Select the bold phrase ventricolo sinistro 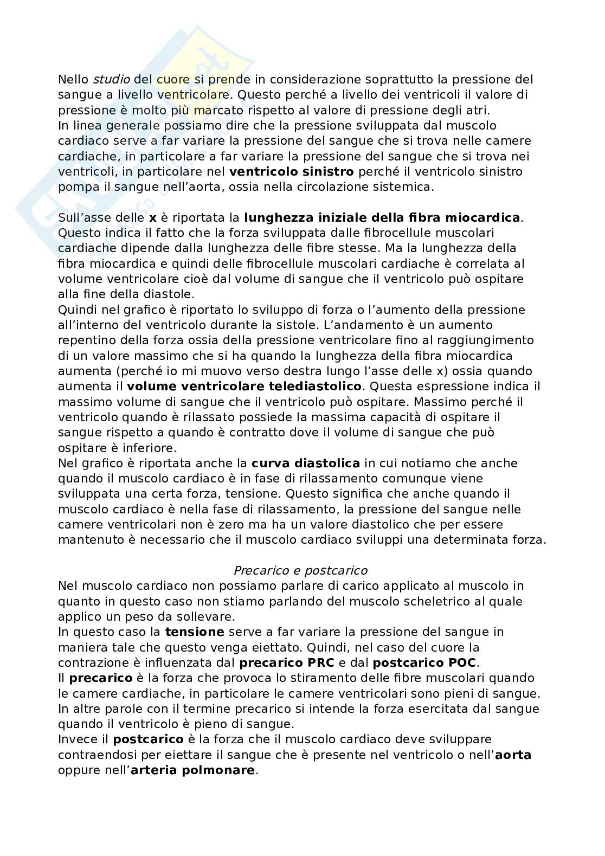pos(292,172)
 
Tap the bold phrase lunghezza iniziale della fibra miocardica pos(382,218)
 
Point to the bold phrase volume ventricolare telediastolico pos(244,387)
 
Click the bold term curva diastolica pos(306,464)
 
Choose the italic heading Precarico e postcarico pos(300,571)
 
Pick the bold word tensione pos(195,632)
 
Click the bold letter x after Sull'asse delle pos(152,218)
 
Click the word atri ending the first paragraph pos(478,110)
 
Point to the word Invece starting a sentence pos(76,739)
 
